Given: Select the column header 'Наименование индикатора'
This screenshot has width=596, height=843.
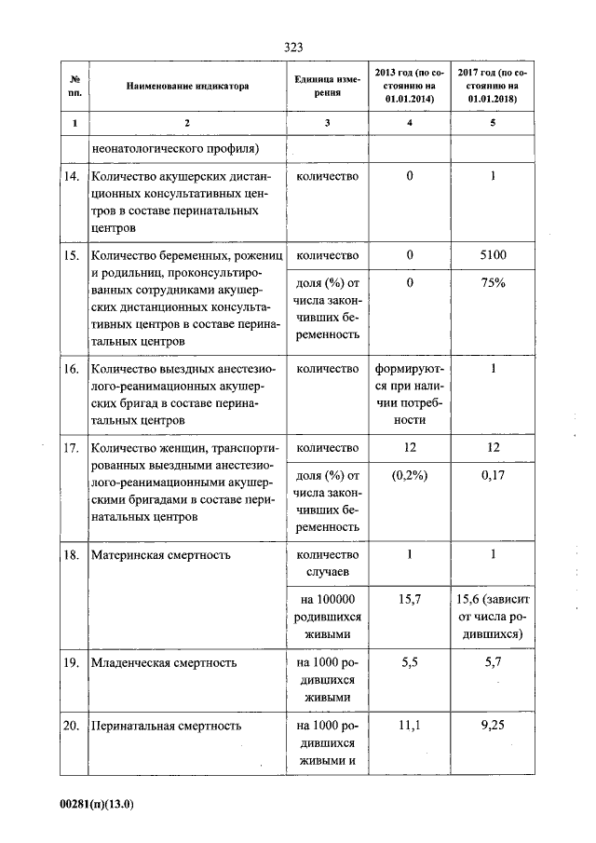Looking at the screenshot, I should click(188, 86).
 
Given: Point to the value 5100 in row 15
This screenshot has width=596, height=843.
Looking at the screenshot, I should click(493, 254).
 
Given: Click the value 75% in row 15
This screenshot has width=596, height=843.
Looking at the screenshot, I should click(493, 283).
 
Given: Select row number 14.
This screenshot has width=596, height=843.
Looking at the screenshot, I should click(73, 176).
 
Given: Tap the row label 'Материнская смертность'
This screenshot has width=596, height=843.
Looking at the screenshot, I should click(160, 555).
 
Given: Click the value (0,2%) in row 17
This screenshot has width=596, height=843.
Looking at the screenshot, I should click(409, 477).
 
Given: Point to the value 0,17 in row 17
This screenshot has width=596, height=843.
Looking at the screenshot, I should click(493, 477).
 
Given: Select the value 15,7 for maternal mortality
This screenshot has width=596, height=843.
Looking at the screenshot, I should click(409, 600).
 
